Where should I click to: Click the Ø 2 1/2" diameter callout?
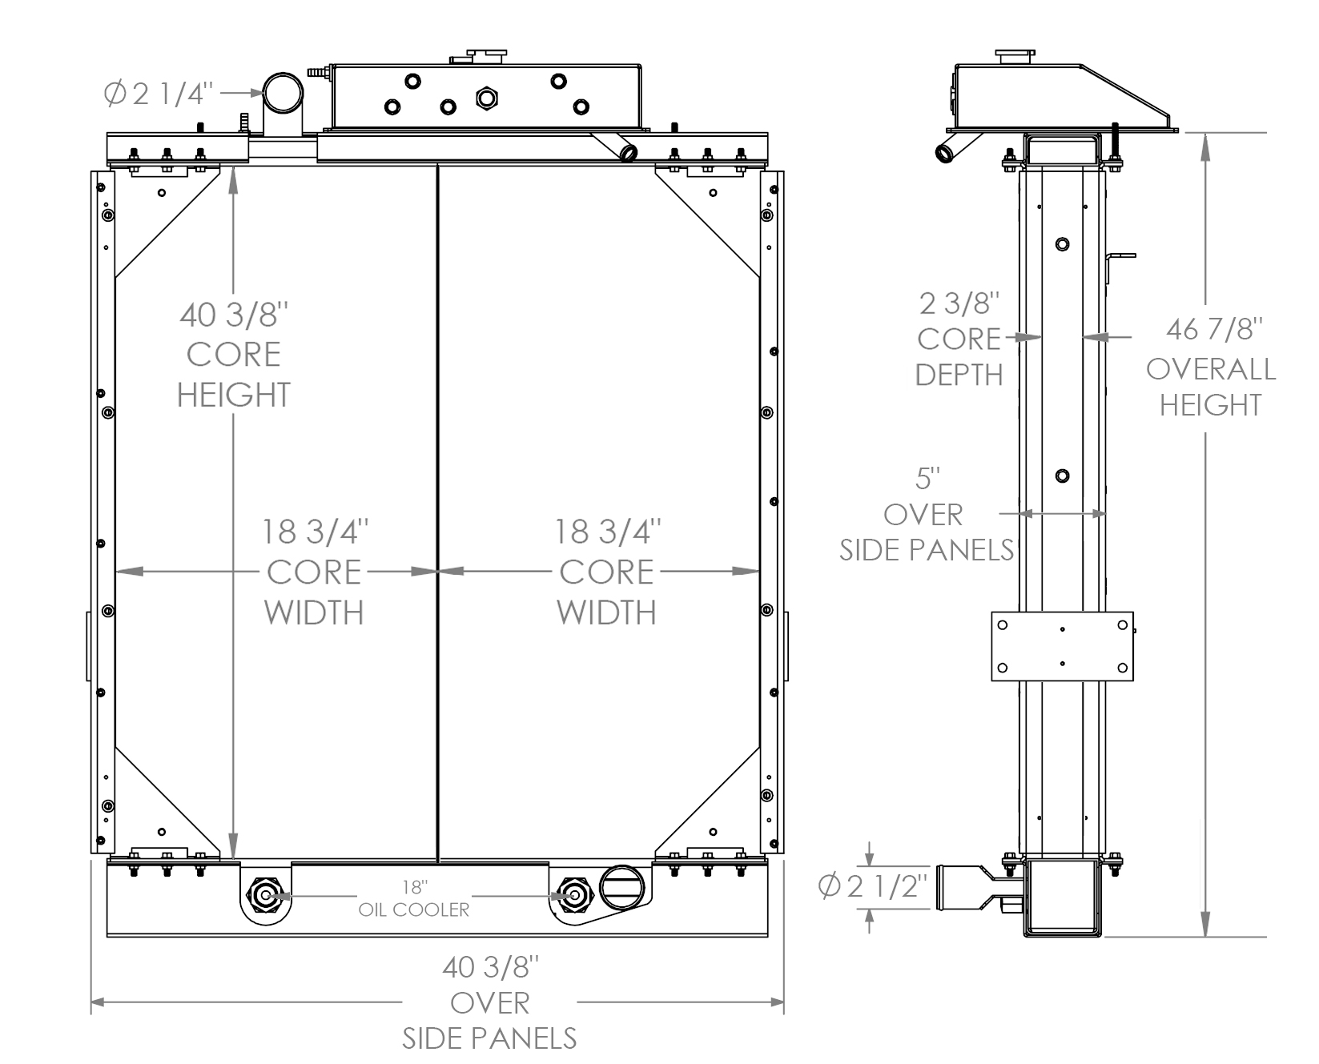[x=874, y=888]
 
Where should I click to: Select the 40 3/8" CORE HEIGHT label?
[x=233, y=355]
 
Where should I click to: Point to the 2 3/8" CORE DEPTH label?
[x=959, y=339]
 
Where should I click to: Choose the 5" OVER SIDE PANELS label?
[x=925, y=515]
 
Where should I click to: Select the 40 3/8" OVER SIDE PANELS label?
[x=489, y=1003]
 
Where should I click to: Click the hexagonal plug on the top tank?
[x=487, y=98]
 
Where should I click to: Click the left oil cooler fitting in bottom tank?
[x=264, y=894]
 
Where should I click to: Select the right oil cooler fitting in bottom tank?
[x=571, y=894]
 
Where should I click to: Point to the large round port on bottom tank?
[x=622, y=887]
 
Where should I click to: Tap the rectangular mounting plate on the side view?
[x=1062, y=646]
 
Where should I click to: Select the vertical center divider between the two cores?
[x=438, y=512]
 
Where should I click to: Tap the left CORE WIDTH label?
[x=314, y=572]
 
